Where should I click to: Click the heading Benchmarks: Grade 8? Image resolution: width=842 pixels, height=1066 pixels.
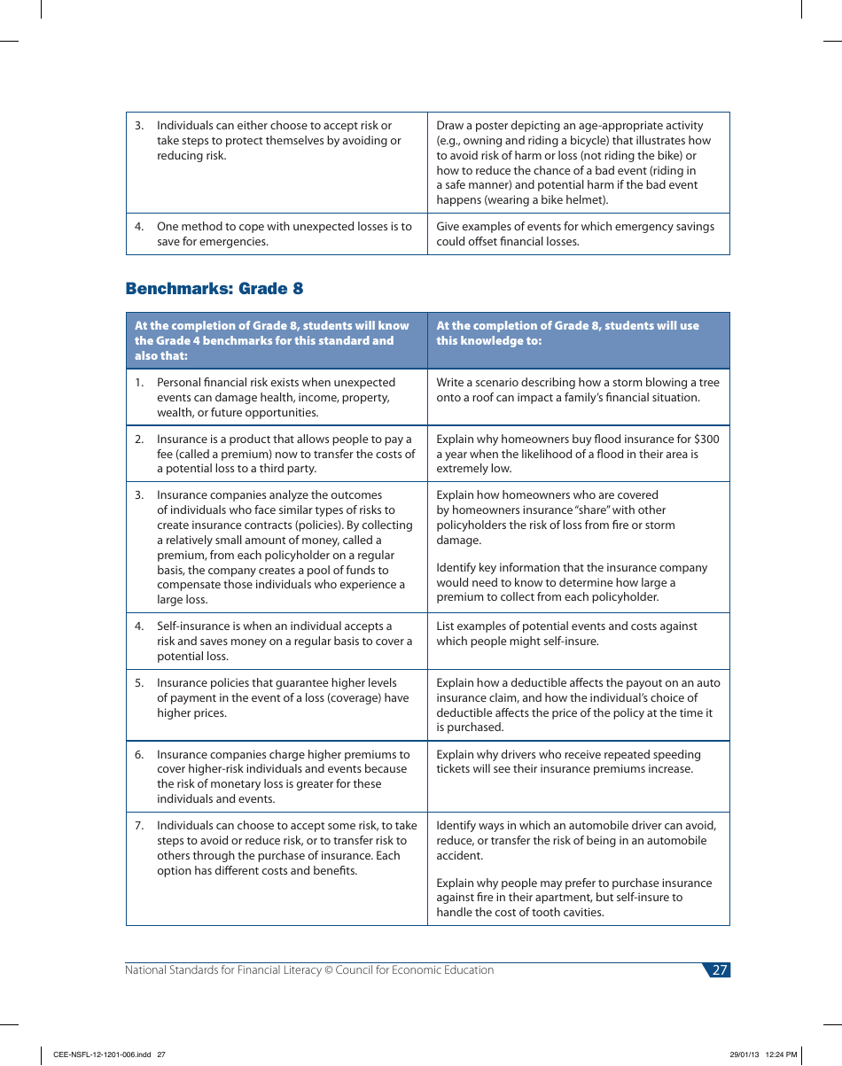pyautogui.click(x=214, y=289)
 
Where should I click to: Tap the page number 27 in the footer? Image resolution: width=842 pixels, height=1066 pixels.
pyautogui.click(x=719, y=970)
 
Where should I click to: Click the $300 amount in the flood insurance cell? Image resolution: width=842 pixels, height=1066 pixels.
pyautogui.click(x=706, y=440)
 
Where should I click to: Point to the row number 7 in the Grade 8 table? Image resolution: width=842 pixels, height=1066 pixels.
pyautogui.click(x=139, y=826)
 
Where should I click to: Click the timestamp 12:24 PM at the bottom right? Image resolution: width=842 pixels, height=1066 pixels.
pyautogui.click(x=781, y=1054)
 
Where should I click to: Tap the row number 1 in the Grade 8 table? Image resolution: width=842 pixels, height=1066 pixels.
pyautogui.click(x=139, y=383)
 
